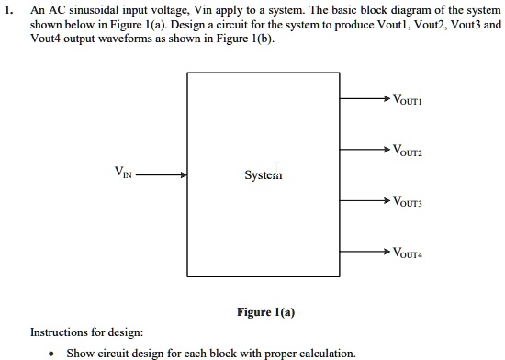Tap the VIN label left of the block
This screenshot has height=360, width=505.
click(x=124, y=171)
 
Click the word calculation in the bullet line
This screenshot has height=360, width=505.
click(x=325, y=353)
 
